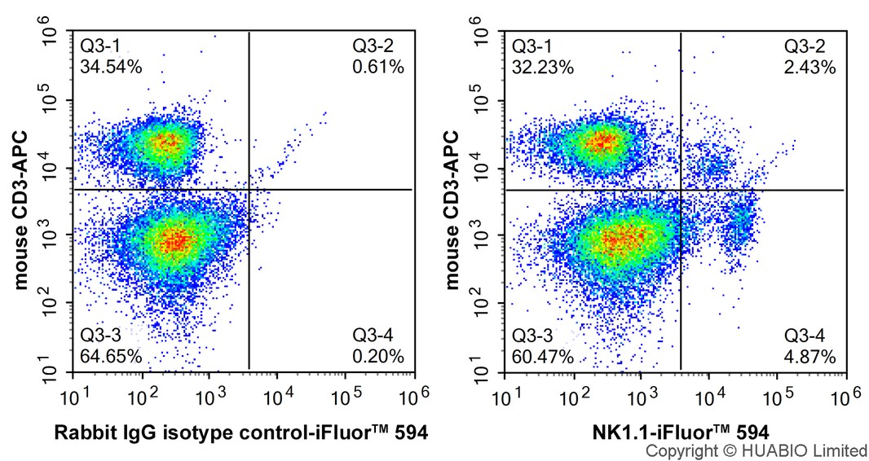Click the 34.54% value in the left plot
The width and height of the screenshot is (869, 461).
coord(111,67)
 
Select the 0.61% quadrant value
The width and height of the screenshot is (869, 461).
coord(378,67)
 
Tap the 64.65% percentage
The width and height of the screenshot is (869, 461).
coord(111,356)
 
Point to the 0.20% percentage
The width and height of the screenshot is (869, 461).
coord(378,356)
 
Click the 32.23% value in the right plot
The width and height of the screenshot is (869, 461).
coord(543,67)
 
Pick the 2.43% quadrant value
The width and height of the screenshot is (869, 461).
coord(809,67)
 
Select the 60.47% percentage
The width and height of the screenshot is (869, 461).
coord(543,356)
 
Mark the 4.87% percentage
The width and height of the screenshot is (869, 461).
coord(809,356)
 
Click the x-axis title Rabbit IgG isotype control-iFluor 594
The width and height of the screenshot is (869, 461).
coord(241,432)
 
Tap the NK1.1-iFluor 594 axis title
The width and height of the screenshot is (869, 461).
coord(681,432)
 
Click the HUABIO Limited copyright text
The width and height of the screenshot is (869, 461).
coord(757,450)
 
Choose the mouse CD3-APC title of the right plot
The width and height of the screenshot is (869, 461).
coord(452,210)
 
